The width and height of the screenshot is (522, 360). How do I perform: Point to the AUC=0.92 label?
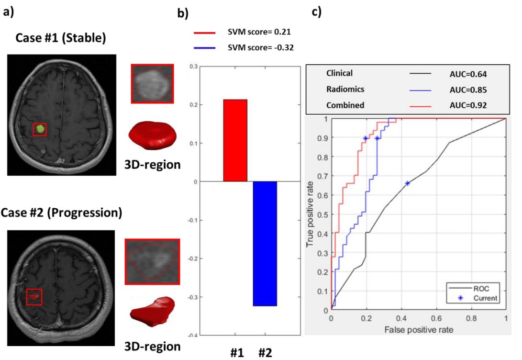click(465, 105)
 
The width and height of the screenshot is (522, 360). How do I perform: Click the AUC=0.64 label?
click(465, 74)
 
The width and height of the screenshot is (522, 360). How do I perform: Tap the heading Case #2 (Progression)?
click(61, 213)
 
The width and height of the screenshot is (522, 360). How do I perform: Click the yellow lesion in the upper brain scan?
click(40, 128)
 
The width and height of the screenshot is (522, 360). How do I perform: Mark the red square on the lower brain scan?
click(34, 297)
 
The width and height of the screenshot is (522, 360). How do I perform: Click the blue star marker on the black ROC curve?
click(407, 183)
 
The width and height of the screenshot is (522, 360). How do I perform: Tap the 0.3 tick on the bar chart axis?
click(194, 67)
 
